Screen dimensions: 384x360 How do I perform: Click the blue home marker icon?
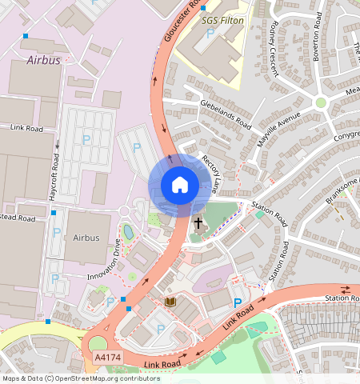click(x=180, y=185)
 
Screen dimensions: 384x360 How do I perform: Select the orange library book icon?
click(x=169, y=302)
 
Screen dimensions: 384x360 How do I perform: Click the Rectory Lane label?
click(x=210, y=174)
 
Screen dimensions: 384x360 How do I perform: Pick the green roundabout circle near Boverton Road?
click(x=321, y=102)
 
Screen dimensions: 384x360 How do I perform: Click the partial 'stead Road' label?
click(x=18, y=218)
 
